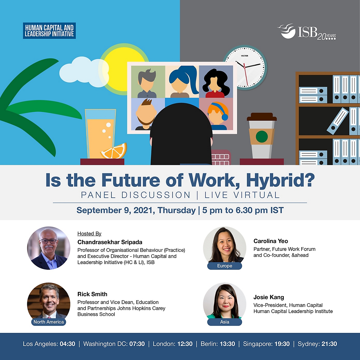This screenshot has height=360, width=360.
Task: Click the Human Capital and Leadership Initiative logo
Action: point(49,31)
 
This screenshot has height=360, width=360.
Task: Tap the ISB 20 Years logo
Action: point(306,31)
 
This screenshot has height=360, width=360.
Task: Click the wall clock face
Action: point(245,67)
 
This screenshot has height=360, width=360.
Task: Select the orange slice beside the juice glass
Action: point(114,151)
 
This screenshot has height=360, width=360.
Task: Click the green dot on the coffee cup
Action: point(262,137)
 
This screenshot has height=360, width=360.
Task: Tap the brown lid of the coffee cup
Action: point(262,116)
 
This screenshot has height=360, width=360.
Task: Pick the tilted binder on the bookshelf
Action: point(337,121)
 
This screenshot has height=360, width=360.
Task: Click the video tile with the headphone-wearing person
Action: point(216,114)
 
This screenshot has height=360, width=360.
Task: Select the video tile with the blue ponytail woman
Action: point(182,82)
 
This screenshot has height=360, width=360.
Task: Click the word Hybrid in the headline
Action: point(280,180)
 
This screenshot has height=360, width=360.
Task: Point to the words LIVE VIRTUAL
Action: point(242,195)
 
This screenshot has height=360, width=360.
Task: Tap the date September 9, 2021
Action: point(116,210)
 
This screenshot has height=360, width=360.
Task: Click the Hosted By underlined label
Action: point(89,233)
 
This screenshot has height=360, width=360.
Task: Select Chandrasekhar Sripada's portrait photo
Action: point(49,248)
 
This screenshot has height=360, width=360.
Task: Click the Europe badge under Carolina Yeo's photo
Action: point(224,266)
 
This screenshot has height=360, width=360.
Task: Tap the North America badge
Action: point(49,322)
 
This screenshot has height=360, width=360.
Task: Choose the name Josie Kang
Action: point(269,297)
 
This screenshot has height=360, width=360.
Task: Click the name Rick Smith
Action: point(92,294)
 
